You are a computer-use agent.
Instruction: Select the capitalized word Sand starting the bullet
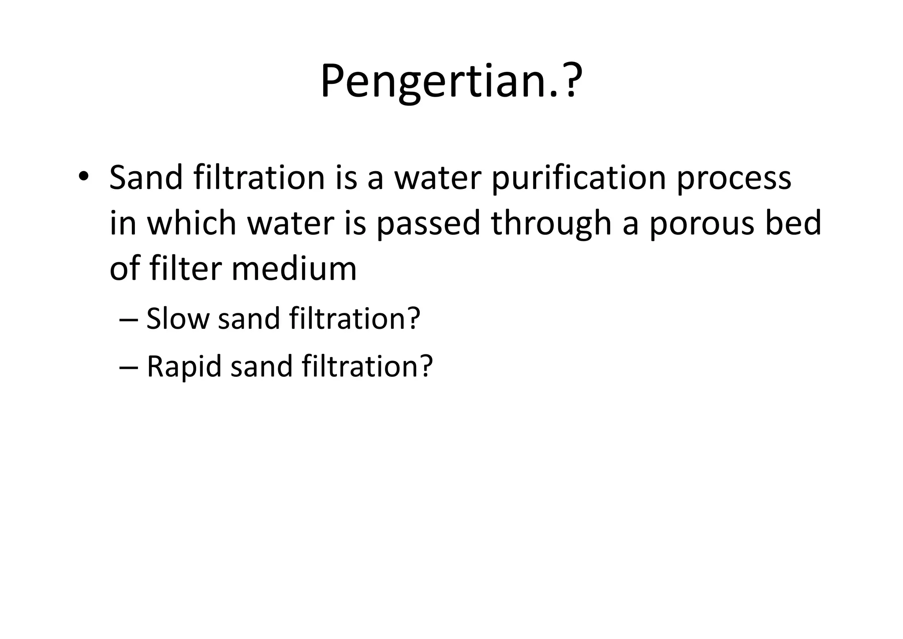(146, 178)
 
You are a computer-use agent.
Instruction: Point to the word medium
(294, 269)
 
